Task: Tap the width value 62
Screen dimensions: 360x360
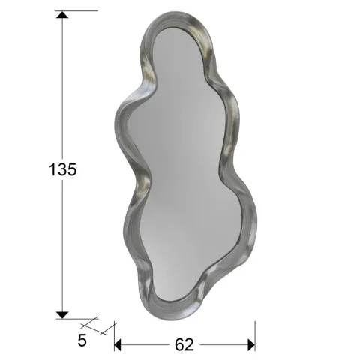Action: point(184,344)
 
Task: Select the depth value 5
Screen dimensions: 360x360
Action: point(82,340)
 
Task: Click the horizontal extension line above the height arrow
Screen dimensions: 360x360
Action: point(79,11)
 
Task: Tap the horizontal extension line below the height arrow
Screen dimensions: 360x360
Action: point(79,318)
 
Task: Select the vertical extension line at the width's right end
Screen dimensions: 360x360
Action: point(256,334)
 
